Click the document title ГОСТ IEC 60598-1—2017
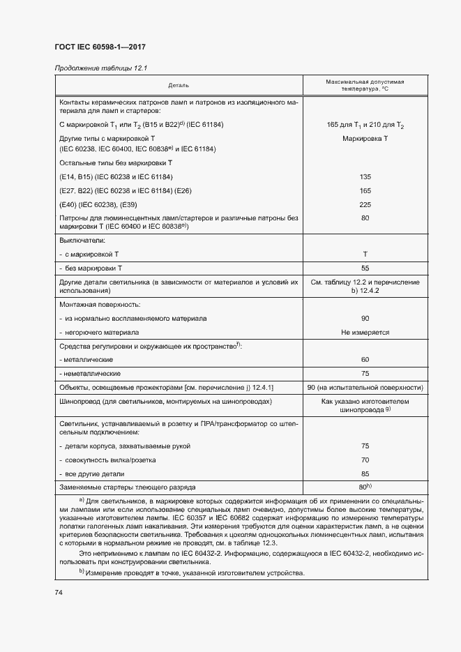coord(100,48)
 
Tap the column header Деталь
coord(178,85)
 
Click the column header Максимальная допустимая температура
coord(364,85)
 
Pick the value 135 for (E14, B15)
coord(365,177)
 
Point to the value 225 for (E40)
coord(365,204)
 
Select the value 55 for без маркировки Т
coord(365,268)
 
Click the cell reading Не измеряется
coord(365,333)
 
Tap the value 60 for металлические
coord(365,360)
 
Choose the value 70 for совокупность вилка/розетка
coord(365,460)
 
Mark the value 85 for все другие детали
coord(365,474)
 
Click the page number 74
coord(58,592)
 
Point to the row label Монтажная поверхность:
coord(101,305)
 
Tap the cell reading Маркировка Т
coord(365,139)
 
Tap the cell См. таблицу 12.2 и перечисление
coord(365,282)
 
